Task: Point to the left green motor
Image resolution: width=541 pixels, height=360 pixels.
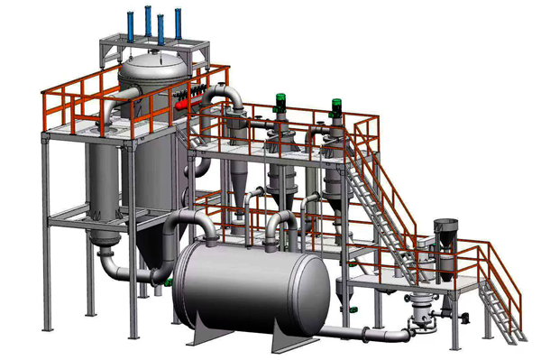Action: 280,103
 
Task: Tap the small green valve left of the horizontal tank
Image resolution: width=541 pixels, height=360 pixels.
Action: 166,282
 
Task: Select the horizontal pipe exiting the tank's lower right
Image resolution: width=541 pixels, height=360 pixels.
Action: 361,333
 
